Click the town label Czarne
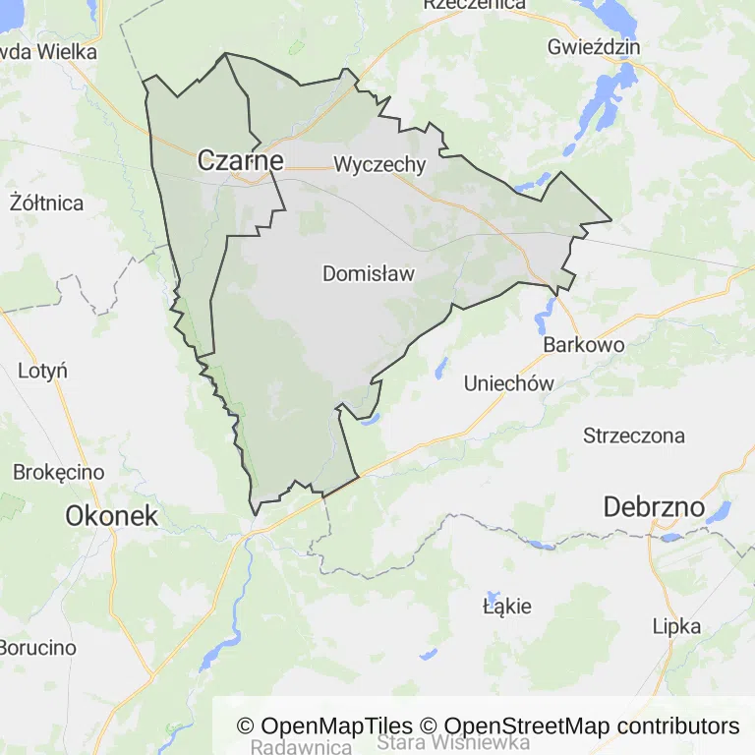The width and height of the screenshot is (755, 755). click(241, 160)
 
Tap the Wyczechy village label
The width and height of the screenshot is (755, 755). click(379, 164)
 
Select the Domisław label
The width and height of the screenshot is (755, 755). click(369, 274)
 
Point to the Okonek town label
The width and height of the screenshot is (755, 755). click(111, 515)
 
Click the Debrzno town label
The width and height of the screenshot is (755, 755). click(654, 507)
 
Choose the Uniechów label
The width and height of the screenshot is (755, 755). click(509, 383)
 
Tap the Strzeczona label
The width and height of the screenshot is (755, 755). click(634, 436)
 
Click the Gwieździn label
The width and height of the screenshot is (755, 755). click(595, 47)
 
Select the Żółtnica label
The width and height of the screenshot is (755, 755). click(46, 203)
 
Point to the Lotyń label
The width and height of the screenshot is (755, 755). click(42, 371)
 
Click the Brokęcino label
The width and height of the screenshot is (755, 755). click(59, 472)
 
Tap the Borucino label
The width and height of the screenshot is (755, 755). click(37, 648)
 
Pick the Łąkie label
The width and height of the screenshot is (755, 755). click(507, 606)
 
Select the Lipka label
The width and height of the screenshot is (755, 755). click(677, 626)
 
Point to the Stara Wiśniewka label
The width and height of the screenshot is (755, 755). click(453, 742)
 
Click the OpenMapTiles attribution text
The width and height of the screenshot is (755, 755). click(324, 726)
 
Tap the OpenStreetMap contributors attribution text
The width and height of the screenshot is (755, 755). click(579, 726)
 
